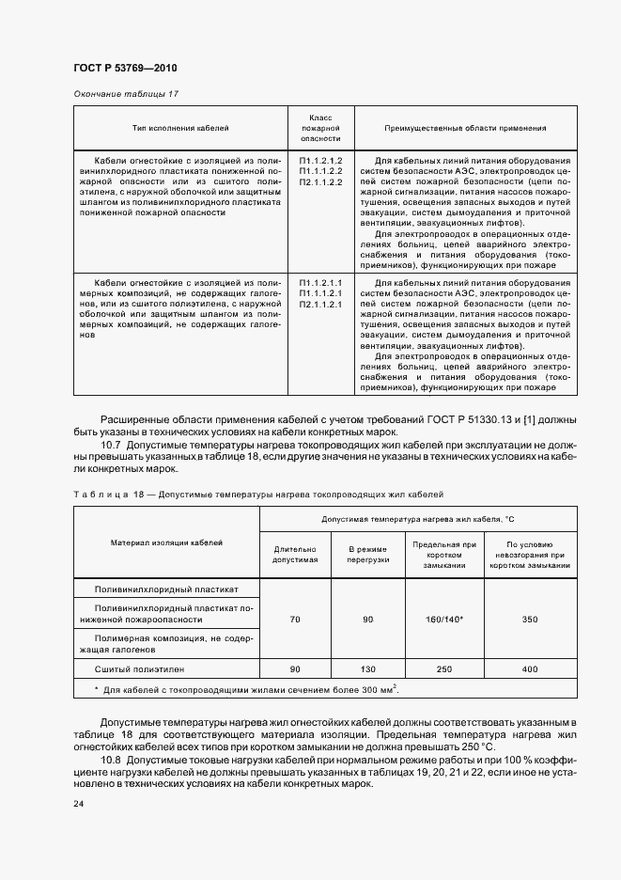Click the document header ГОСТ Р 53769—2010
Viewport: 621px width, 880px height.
click(124, 69)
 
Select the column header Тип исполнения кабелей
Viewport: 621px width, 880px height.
click(179, 127)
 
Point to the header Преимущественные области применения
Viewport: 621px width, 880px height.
click(465, 127)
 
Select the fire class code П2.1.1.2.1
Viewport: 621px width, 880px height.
click(320, 305)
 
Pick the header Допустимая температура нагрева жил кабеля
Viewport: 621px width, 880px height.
click(418, 519)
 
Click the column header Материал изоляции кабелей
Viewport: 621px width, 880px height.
click(165, 543)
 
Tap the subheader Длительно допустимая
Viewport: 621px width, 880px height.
click(295, 554)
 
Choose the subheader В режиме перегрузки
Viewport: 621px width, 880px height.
click(367, 554)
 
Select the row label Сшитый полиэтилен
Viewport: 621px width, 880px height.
click(141, 668)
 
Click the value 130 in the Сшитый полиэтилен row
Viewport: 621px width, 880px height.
click(367, 668)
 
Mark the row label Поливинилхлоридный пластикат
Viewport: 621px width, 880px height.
click(166, 589)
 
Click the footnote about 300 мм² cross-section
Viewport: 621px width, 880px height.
click(246, 690)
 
